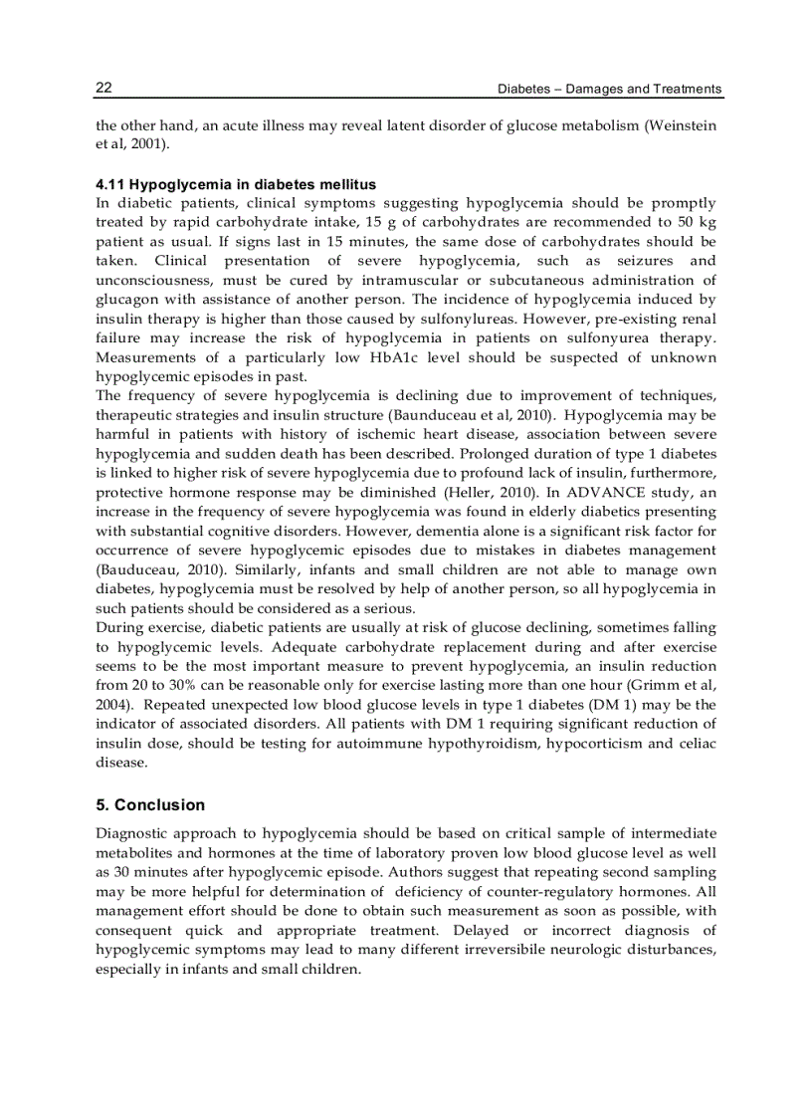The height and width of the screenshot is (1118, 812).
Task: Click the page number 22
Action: [103, 89]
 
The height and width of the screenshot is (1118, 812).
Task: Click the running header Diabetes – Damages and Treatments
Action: [609, 90]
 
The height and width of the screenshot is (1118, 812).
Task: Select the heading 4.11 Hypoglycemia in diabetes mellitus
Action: [236, 185]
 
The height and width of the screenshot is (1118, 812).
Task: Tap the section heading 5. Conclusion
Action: [150, 805]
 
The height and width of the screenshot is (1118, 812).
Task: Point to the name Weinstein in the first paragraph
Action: [684, 126]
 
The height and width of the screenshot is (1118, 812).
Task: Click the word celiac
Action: [695, 744]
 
